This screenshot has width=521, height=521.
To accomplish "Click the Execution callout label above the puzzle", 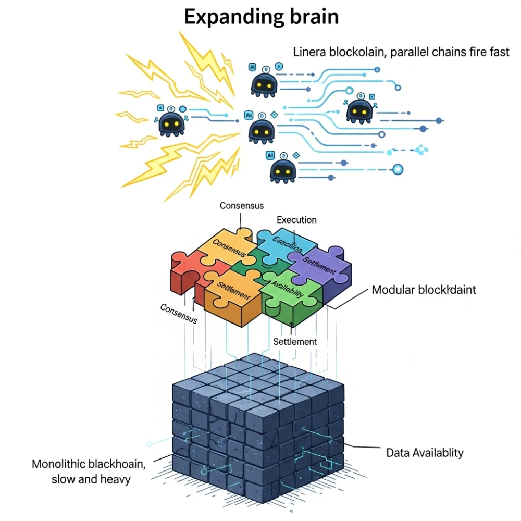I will click(296, 220).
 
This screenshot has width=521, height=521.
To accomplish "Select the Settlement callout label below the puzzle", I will click(295, 342).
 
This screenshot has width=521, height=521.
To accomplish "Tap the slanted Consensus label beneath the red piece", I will click(179, 313).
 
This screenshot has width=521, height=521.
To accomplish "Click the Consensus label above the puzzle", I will click(241, 205).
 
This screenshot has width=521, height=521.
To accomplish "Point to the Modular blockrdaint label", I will click(424, 290).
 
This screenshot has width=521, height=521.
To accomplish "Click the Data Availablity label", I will click(425, 452).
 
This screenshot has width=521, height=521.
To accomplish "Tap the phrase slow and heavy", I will click(91, 479).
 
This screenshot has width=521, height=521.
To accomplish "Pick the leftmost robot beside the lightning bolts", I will click(171, 123).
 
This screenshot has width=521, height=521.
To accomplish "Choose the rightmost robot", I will click(359, 110).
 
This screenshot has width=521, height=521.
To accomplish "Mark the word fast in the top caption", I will click(499, 52).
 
